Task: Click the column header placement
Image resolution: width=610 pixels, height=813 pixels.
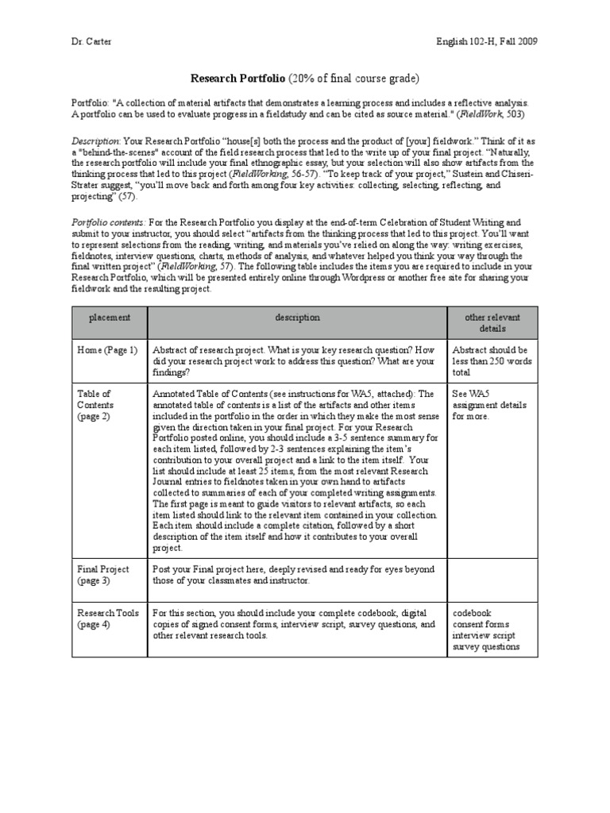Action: pos(109,317)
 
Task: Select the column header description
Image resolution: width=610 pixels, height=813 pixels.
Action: pos(297,317)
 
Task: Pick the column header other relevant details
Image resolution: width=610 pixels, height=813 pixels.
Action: pos(492,322)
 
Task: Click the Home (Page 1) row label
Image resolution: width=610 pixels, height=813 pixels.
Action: pos(106,349)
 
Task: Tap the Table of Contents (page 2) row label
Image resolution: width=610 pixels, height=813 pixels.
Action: pos(95,404)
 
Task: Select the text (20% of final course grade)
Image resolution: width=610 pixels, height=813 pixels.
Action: pos(353,78)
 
